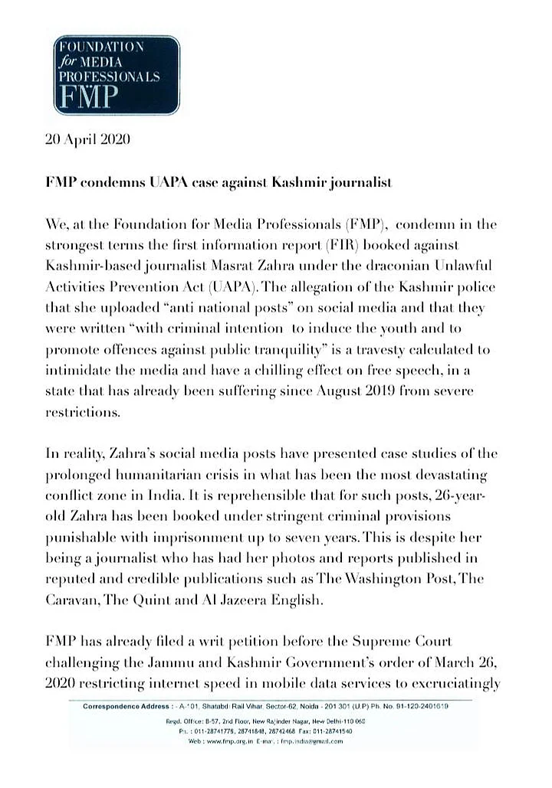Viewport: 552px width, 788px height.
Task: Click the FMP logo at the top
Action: (116, 75)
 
